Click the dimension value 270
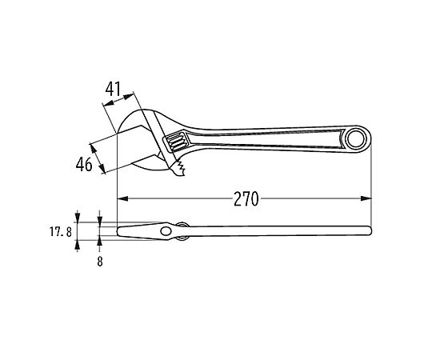pyautogui.click(x=246, y=199)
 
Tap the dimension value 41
pyautogui.click(x=113, y=89)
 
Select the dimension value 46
pyautogui.click(x=84, y=164)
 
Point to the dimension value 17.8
pyautogui.click(x=61, y=232)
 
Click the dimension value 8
pyautogui.click(x=100, y=262)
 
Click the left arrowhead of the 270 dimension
pyautogui.click(x=123, y=198)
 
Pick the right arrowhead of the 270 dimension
pyautogui.click(x=366, y=198)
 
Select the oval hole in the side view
pyautogui.click(x=166, y=231)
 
